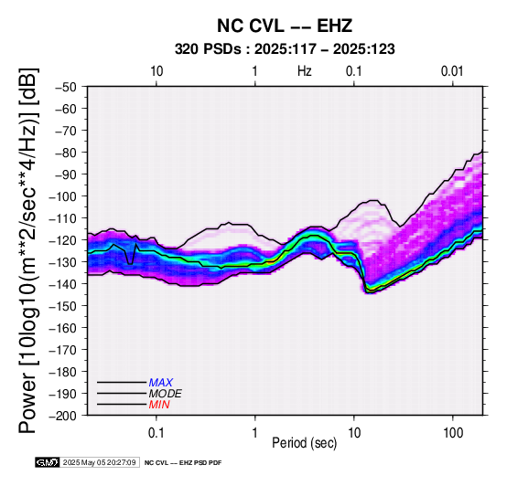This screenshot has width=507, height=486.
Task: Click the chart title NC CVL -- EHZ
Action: tap(285, 26)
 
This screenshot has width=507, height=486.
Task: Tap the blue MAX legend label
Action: tap(161, 383)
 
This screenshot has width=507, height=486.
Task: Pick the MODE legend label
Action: tap(166, 394)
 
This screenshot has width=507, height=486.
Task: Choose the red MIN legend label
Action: tap(159, 405)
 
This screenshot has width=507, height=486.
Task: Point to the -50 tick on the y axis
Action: tap(65, 87)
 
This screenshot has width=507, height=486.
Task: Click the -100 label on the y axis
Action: tap(62, 196)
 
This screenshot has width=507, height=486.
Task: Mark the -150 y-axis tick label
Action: tap(62, 306)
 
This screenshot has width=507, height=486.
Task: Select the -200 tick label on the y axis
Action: tap(62, 416)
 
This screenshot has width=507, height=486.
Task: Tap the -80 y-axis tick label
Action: tap(65, 153)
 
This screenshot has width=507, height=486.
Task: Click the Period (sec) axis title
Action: tap(304, 443)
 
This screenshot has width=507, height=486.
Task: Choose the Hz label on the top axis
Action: tap(304, 71)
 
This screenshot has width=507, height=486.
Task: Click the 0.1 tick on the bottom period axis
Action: tap(156, 433)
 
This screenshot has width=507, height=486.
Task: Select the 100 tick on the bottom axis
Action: tap(453, 433)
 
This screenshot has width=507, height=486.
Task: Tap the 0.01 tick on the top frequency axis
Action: tap(452, 71)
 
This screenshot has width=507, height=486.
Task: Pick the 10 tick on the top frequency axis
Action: tap(156, 71)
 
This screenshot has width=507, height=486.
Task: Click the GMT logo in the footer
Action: tap(48, 462)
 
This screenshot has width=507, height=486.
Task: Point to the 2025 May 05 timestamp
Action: tap(99, 462)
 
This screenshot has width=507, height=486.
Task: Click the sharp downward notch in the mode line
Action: tap(130, 264)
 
